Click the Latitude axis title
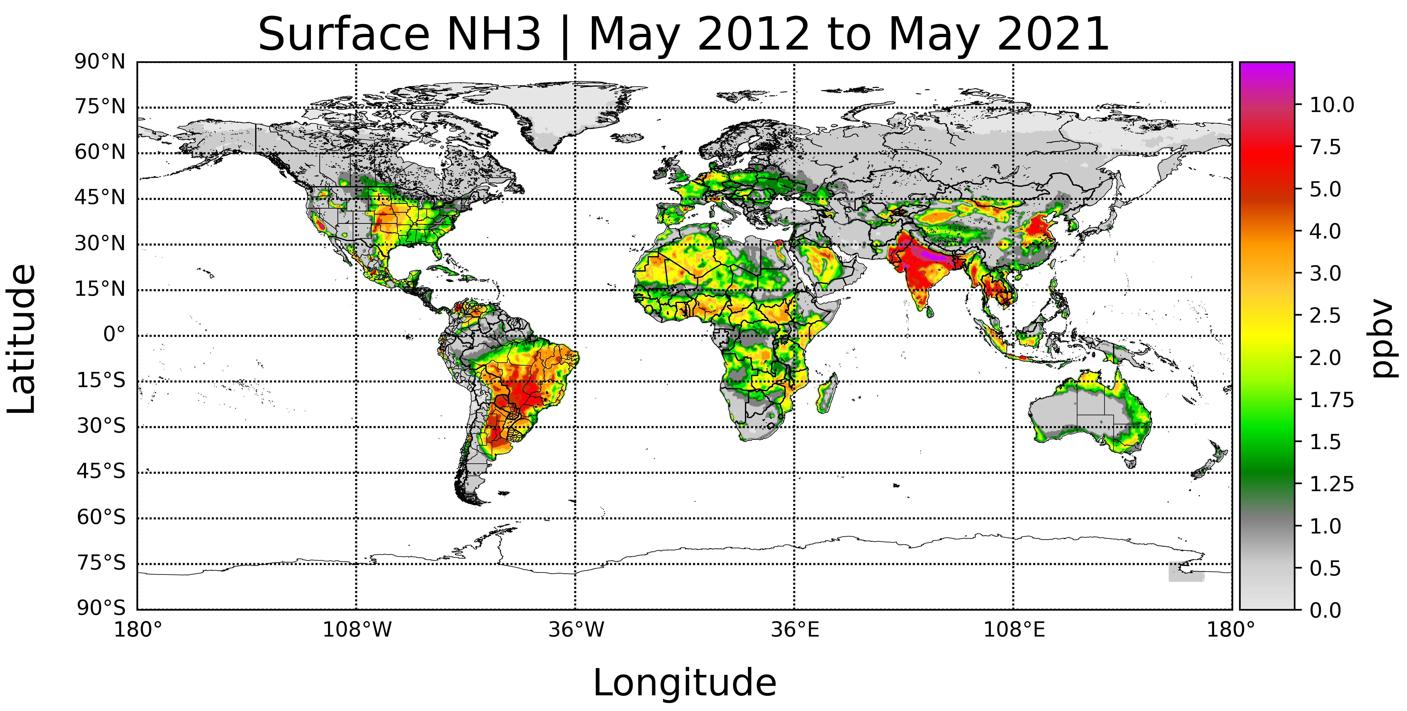tap(22, 339)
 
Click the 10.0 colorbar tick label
tap(1332, 105)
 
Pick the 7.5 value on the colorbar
tap(1325, 147)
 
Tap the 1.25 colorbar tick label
tap(1332, 484)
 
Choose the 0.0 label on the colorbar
tap(1325, 610)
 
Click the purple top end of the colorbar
tap(1267, 68)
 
